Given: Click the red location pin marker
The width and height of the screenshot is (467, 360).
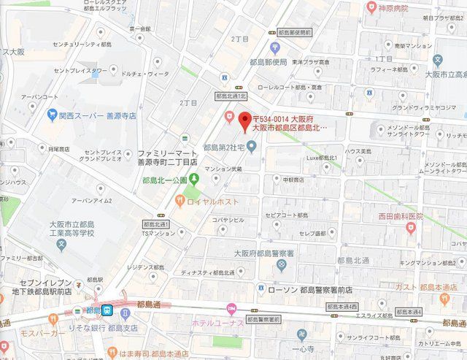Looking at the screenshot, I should pos(245,120).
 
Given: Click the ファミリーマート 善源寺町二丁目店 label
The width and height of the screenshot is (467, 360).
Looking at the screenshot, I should pos(167,158).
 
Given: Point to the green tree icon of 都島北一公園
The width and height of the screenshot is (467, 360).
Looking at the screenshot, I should pos(194,180).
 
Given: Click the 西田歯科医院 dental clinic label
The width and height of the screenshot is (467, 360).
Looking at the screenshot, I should pos(400,217).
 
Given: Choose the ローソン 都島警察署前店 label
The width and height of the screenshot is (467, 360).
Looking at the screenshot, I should pos(310,290).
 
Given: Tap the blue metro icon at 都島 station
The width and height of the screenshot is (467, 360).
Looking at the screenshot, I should pos(107,310).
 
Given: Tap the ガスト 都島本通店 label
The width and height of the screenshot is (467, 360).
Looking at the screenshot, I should pos(428,287).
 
